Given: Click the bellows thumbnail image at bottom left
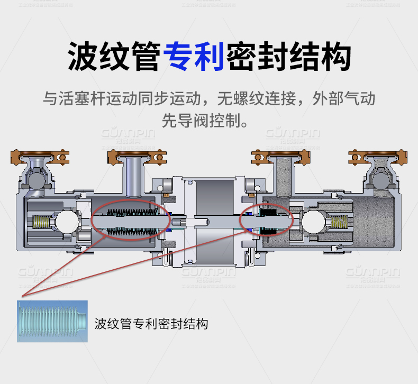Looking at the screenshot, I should point(52,321).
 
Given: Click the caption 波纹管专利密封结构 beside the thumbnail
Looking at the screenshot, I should point(151,323).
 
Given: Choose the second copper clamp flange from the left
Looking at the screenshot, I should point(137,156).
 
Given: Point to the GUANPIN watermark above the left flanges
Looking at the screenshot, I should point(128,132).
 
